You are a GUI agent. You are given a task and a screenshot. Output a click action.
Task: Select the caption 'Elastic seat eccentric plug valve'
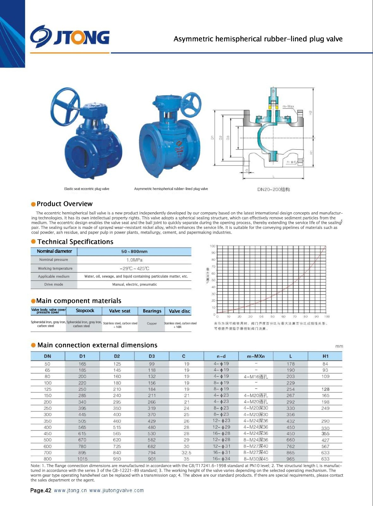87,189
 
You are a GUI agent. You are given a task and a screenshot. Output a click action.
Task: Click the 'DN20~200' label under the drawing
273,189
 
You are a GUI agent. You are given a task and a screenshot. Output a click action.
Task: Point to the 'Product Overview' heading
65,204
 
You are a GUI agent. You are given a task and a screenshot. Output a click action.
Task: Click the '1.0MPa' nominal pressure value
134,260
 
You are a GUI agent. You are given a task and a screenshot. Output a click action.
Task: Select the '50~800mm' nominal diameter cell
134,251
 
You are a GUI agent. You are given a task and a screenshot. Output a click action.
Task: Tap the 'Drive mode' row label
54,284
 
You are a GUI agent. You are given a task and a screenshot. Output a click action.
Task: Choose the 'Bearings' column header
152,311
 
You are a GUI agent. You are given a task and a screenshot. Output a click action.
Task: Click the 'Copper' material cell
152,324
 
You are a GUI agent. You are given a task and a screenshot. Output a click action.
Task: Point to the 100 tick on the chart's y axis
212,246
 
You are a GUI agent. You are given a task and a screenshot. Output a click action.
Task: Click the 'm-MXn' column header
256,356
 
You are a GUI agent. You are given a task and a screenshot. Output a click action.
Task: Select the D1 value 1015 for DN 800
82,459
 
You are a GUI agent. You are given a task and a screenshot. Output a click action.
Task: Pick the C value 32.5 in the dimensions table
186,453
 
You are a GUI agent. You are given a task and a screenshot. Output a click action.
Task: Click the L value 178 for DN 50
290,364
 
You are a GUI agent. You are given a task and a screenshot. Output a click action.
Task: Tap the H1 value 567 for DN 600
325,446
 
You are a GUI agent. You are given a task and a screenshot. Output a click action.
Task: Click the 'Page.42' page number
41,491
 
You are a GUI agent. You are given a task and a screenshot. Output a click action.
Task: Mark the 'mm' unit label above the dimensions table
339,346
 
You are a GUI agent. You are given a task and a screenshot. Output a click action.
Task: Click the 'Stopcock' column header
85,311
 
